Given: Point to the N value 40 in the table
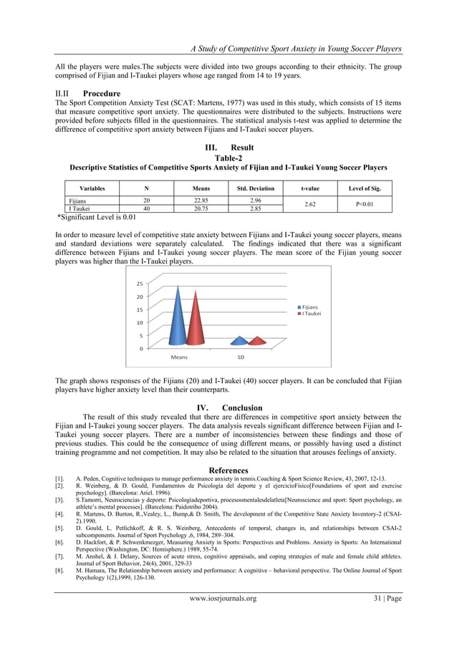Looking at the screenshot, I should coord(147,208).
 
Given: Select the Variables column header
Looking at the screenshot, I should coord(92,188).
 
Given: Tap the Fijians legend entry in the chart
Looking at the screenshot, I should coord(309,307).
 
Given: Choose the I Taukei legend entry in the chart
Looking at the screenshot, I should coord(310,314).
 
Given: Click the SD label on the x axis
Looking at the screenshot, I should coord(241,356).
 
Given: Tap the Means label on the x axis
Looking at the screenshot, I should coord(178,356).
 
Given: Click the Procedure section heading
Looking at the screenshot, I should coord(102,93).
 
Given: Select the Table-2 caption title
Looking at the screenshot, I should coord(228,158).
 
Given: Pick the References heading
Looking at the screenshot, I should coord(228,470).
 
